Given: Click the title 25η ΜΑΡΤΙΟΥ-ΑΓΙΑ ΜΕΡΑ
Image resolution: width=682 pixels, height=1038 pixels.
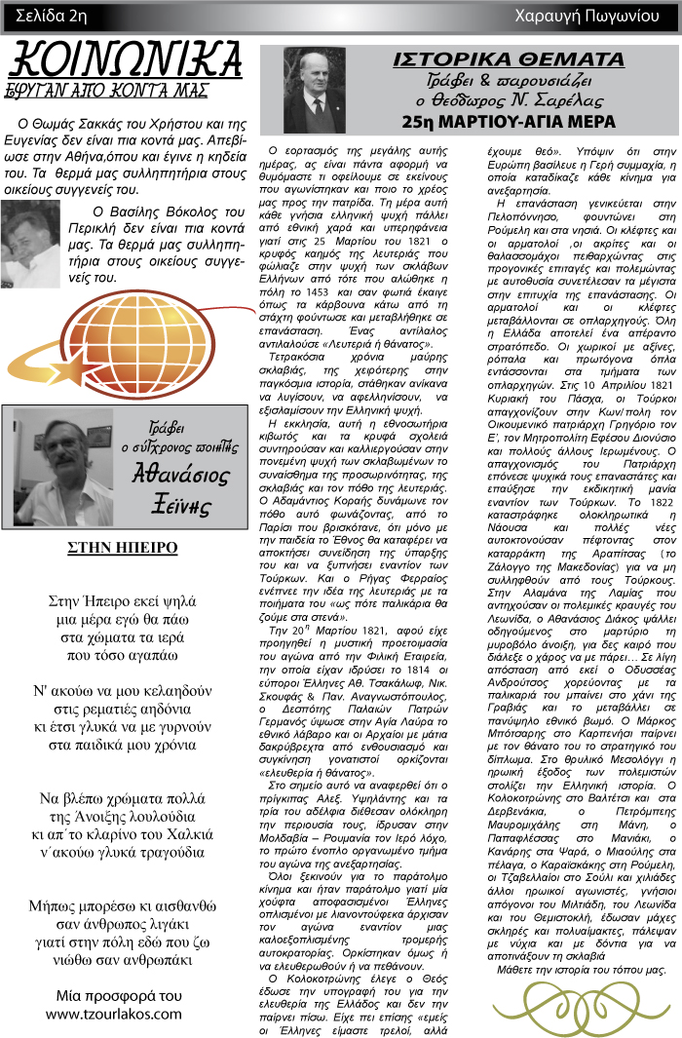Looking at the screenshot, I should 509,122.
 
